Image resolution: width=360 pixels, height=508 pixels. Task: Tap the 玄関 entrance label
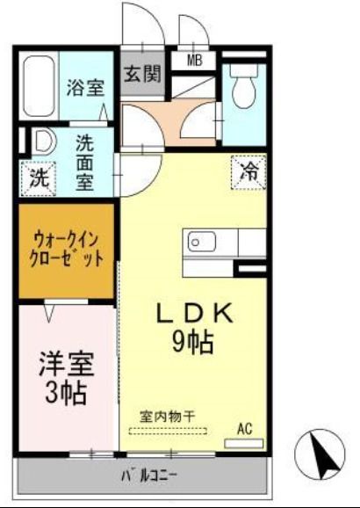142,73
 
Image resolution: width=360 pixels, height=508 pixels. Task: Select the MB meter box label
194,61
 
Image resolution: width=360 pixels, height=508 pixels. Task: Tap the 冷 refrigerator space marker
249,170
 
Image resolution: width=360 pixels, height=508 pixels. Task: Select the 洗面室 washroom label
85,163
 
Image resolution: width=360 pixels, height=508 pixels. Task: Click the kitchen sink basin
197,240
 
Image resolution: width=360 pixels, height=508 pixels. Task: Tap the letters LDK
194,313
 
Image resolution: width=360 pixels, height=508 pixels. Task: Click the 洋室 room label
67,363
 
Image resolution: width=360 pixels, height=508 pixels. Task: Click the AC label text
244,428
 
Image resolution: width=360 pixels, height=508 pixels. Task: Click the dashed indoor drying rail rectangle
169,431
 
